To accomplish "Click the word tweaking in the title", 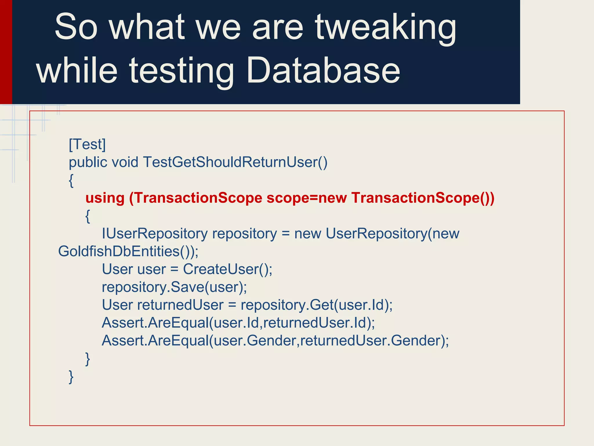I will (386, 28).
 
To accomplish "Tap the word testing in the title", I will (181, 71).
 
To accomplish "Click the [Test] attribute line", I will (87, 144).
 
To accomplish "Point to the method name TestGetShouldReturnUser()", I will (235, 162).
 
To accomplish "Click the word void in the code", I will (125, 162).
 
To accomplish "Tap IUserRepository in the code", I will (155, 233).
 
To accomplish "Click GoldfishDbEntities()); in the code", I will (128, 251).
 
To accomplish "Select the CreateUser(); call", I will (228, 269).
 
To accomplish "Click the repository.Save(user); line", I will (174, 287).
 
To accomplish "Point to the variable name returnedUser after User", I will (180, 305).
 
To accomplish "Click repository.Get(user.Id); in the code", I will (316, 305).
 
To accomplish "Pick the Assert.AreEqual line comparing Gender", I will (275, 341).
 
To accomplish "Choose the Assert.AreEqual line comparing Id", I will (238, 323).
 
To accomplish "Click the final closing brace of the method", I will (71, 377).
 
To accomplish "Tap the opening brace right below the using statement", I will (88, 216).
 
